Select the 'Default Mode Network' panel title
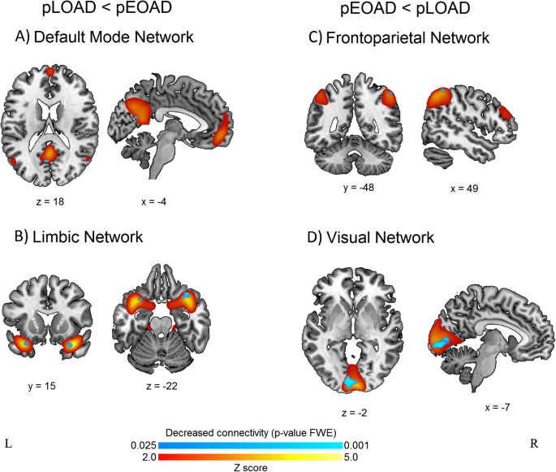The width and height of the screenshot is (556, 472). (x=109, y=37)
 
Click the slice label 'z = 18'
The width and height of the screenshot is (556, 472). (x=50, y=196)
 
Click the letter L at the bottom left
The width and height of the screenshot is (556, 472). (x=8, y=444)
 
